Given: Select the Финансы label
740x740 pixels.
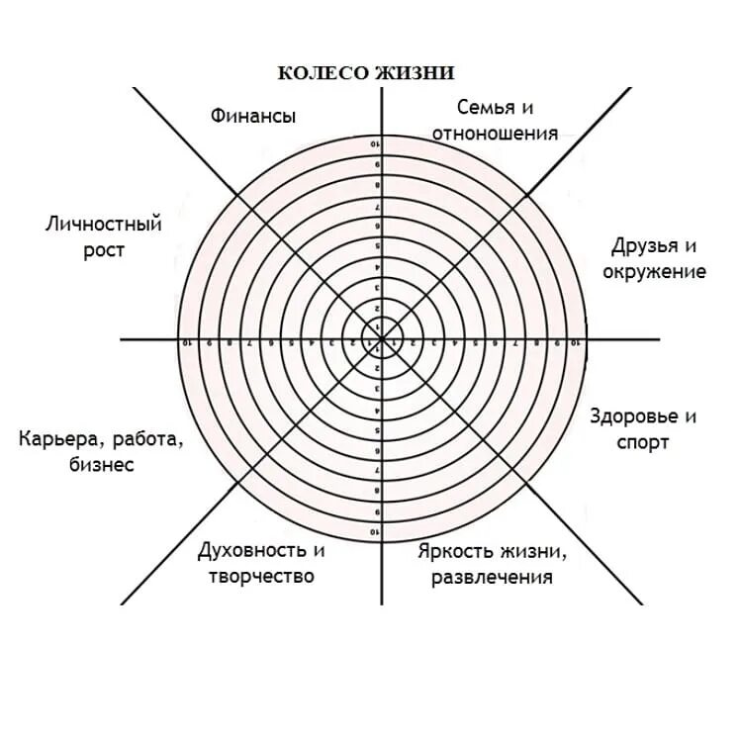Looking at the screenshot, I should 252,116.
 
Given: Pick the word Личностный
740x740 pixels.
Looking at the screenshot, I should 104,225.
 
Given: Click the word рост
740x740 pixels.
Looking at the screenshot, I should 104,250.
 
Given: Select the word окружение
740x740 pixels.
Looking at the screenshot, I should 654,271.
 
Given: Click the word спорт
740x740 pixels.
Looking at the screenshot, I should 643,442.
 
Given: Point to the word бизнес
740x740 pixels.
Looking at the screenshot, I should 101,464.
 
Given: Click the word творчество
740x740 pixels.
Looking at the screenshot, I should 262,576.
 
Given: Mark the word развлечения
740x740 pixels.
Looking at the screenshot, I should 492,577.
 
